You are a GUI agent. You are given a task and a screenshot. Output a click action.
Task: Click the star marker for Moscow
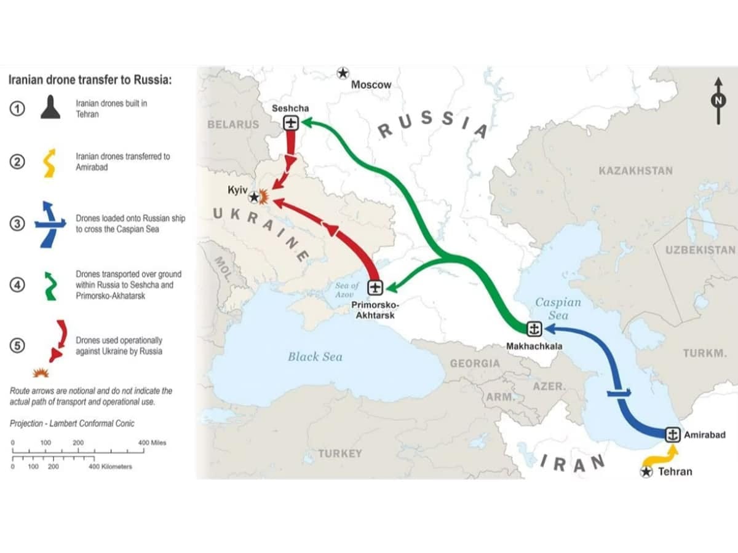[343, 73]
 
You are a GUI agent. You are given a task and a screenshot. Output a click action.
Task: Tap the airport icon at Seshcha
[290, 123]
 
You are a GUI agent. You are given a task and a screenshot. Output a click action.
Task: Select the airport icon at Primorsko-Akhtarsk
[375, 287]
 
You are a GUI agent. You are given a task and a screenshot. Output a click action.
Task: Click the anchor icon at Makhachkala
[534, 329]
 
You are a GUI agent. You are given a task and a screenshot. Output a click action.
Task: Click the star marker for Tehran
[646, 472]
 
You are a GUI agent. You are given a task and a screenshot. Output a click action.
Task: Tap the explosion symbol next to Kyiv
[264, 197]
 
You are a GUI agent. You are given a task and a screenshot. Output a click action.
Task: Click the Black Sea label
[315, 356]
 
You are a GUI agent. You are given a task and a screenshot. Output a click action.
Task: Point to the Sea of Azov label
[347, 290]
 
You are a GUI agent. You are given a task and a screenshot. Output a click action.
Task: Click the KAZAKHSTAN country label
[635, 170]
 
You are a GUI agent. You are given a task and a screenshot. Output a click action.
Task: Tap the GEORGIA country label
[475, 363]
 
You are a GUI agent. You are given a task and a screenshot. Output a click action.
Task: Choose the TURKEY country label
[340, 453]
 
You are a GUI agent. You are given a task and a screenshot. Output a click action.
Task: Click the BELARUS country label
[233, 124]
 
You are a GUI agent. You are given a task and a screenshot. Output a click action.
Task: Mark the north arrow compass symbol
[718, 101]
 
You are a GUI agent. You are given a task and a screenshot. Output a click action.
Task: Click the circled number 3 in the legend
[18, 224]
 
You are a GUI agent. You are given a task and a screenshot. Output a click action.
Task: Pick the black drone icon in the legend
[50, 108]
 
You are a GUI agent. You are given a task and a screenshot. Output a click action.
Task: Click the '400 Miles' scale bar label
[152, 442]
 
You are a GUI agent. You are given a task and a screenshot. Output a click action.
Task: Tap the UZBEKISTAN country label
[700, 249]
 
